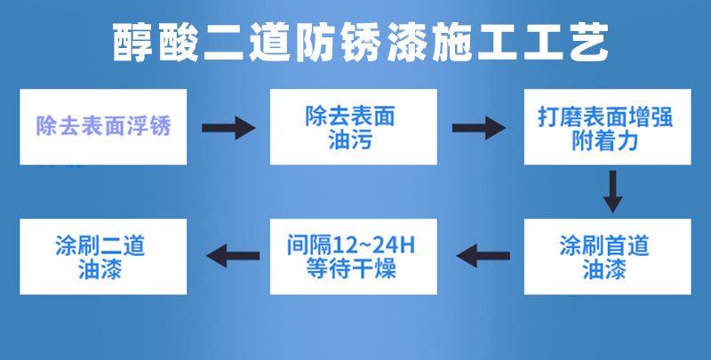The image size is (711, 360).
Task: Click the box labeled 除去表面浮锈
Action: pos(103,127)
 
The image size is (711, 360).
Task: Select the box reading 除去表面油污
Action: pos(354,127)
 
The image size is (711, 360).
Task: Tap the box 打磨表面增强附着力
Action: pos(608,127)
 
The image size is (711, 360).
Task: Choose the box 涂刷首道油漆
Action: pos(608,257)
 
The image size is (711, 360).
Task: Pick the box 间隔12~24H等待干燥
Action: pos(354,257)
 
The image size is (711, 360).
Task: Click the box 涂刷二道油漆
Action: pos(103,257)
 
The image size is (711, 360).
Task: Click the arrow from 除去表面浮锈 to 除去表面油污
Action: pos(228,128)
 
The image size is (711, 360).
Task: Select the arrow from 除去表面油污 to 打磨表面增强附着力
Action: pos(479,128)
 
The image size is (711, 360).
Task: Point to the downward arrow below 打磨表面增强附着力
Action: pos(612,191)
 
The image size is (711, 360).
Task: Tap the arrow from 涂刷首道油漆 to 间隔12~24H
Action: pos(483,256)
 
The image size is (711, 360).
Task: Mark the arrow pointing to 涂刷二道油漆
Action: pos(233,256)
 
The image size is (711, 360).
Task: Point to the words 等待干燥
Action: pos(351,268)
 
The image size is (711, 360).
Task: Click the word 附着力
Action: pos(605,140)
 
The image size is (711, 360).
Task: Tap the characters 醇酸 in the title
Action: pos(156,43)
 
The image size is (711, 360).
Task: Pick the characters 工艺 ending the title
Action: pos(566,43)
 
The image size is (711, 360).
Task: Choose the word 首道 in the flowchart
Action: pos(627,245)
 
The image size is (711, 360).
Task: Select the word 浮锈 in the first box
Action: pos(148,126)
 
